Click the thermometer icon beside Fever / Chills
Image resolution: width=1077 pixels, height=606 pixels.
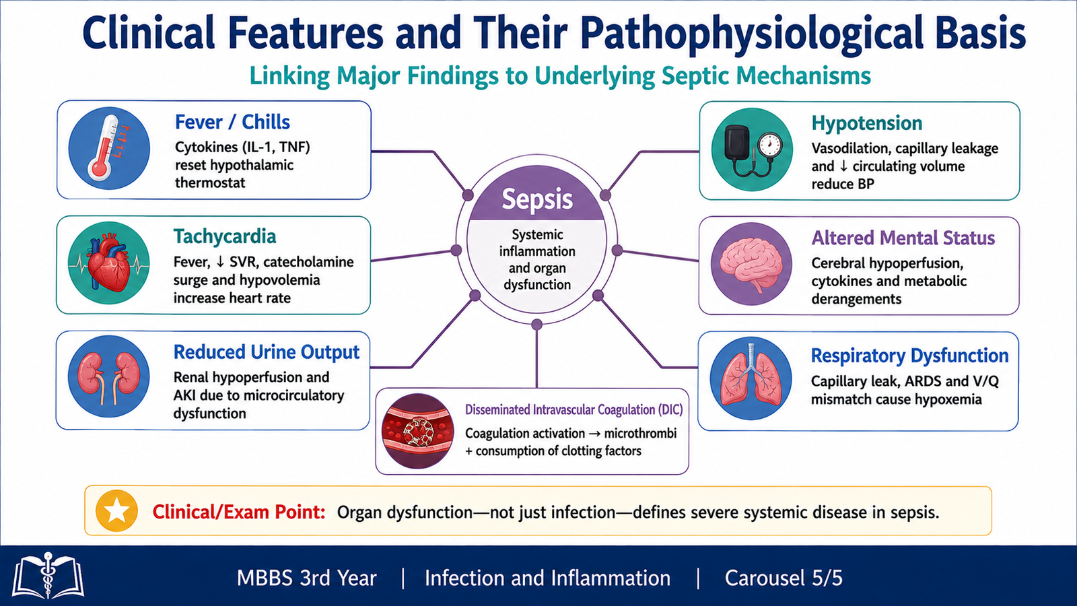(x=109, y=148)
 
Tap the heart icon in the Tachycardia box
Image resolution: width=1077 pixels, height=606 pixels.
(x=108, y=263)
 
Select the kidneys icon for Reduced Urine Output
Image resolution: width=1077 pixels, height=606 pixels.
(x=108, y=376)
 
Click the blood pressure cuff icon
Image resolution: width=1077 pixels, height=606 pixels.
(x=752, y=149)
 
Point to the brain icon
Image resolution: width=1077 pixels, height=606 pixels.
(x=751, y=264)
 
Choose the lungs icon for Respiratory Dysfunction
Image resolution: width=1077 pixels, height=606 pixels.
(x=751, y=378)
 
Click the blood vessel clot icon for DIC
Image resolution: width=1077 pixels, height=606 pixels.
(x=417, y=431)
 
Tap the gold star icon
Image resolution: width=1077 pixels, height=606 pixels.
(x=117, y=511)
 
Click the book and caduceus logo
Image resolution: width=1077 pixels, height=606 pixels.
(x=48, y=576)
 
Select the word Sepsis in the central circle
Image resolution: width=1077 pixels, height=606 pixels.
(x=537, y=199)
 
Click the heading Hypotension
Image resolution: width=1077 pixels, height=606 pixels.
(x=867, y=123)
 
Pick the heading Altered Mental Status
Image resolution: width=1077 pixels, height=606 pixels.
(x=903, y=238)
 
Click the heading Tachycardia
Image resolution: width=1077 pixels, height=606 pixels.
(x=225, y=236)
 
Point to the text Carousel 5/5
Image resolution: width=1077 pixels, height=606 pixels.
(x=784, y=578)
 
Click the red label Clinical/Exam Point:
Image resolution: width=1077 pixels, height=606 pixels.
(x=239, y=512)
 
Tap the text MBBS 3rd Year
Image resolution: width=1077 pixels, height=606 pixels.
(x=307, y=578)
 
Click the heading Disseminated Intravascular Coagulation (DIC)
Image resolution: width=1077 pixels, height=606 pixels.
(x=574, y=410)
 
